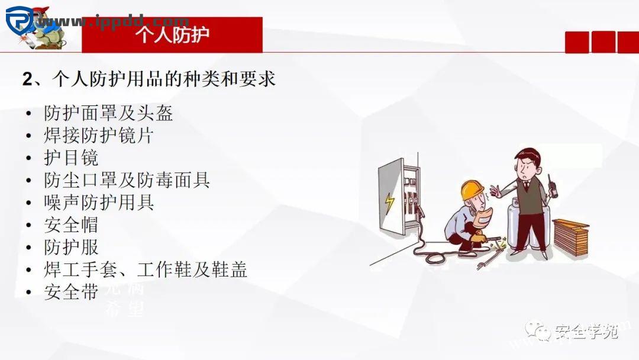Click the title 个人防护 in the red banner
(172, 34)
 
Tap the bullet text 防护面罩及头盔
(108, 112)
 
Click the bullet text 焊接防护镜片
(98, 135)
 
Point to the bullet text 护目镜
(71, 157)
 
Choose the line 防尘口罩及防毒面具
(127, 180)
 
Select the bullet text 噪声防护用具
(99, 202)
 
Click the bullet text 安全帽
(71, 225)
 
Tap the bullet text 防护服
(71, 247)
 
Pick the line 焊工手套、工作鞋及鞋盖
(145, 270)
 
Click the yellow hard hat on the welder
(472, 189)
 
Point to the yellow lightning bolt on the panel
(389, 202)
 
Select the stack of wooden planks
(570, 236)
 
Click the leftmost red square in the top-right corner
(577, 42)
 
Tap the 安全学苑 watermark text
(586, 332)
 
